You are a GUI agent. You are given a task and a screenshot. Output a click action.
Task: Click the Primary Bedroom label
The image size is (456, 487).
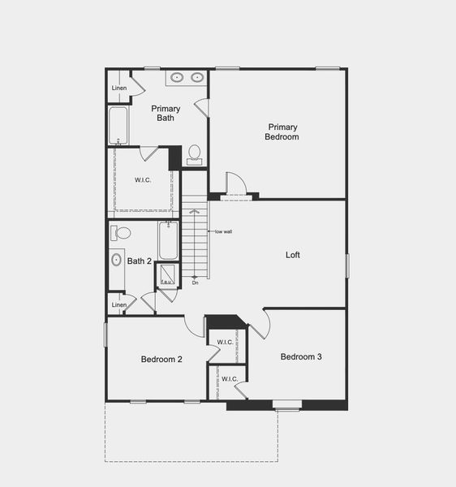[282, 131]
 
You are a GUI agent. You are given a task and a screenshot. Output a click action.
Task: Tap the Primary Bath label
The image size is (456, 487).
[166, 113]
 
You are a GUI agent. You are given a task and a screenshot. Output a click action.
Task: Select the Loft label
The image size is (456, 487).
[293, 254]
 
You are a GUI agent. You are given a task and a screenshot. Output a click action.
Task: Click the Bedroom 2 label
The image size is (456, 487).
[161, 359]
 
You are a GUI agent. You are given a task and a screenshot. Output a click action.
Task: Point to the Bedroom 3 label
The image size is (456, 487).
[302, 356]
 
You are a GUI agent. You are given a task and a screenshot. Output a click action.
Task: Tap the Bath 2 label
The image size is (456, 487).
[139, 261]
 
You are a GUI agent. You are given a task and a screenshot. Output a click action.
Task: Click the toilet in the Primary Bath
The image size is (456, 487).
[195, 153]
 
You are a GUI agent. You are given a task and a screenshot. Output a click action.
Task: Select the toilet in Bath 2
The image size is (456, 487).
[123, 233]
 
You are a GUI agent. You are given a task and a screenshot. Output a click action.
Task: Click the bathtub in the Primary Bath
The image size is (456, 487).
[118, 127]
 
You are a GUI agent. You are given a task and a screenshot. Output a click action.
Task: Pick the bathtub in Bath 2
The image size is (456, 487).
[168, 240]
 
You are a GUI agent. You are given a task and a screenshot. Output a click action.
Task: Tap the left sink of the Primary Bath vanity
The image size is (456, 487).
[178, 79]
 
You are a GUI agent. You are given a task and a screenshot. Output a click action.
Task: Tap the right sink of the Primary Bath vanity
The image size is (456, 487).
[196, 79]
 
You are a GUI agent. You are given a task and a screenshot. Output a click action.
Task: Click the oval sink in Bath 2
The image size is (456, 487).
[117, 261]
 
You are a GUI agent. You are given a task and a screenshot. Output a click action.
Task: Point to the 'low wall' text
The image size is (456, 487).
[223, 232]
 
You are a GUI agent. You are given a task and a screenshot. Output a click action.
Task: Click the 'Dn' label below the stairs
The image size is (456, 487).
[196, 282]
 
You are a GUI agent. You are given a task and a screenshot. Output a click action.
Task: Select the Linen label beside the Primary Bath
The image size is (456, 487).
[119, 88]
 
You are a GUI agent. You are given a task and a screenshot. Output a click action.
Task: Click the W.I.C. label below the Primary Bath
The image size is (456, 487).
[143, 179]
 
